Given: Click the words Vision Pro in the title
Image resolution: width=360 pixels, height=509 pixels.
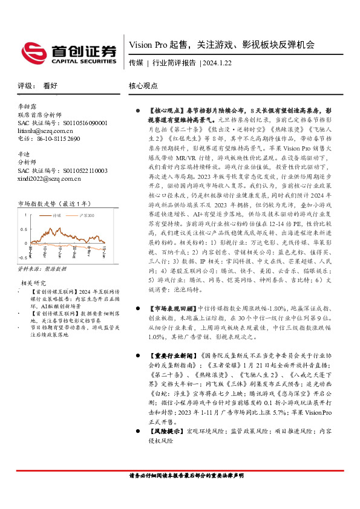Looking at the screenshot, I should point(148,45).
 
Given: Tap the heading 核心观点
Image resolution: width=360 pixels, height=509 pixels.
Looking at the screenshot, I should point(143,86).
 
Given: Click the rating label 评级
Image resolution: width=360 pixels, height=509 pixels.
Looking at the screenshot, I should point(25,86).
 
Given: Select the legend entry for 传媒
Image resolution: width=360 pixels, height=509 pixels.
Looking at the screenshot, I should point(57,215).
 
